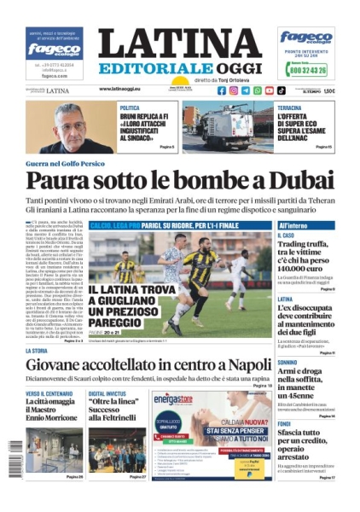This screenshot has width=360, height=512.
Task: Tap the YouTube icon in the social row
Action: [270, 90]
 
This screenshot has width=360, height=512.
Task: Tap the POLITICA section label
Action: [130, 108]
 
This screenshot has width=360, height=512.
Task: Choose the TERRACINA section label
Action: [294, 108]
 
